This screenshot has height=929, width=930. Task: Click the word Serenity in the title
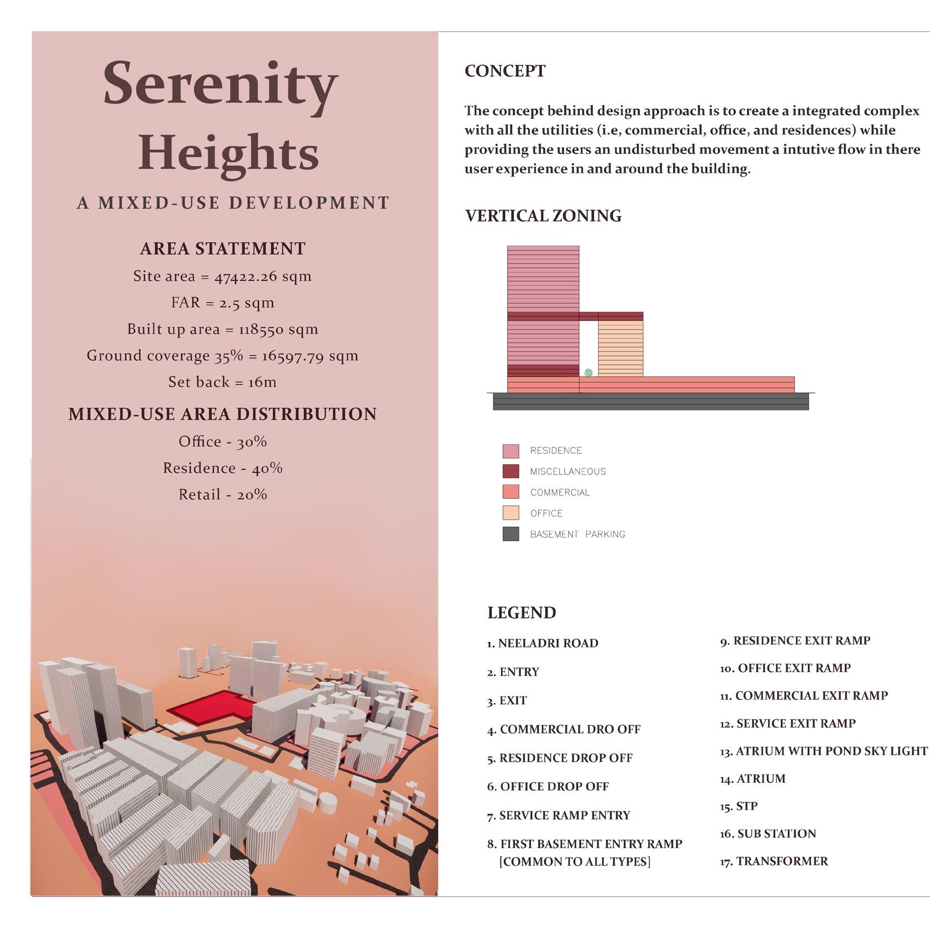tap(220, 84)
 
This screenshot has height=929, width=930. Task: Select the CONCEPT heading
tap(505, 71)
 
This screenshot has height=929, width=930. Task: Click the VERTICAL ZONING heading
tap(543, 216)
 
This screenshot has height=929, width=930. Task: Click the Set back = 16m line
tap(223, 382)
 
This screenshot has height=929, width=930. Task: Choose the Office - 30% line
tap(223, 441)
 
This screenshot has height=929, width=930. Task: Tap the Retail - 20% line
tap(223, 494)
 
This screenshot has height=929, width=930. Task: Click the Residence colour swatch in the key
tap(510, 451)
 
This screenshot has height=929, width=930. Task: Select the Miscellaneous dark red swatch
tap(510, 472)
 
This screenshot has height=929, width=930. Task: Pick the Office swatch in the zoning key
tap(510, 513)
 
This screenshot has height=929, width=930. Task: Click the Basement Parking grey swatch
tap(510, 534)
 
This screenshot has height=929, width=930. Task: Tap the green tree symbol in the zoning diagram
tap(588, 373)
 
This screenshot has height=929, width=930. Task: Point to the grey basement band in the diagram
tap(651, 402)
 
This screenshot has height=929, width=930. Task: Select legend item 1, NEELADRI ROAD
tap(542, 643)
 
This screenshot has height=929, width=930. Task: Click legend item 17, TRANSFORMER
tap(773, 861)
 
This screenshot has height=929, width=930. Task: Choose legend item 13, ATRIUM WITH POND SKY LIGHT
tap(824, 751)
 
